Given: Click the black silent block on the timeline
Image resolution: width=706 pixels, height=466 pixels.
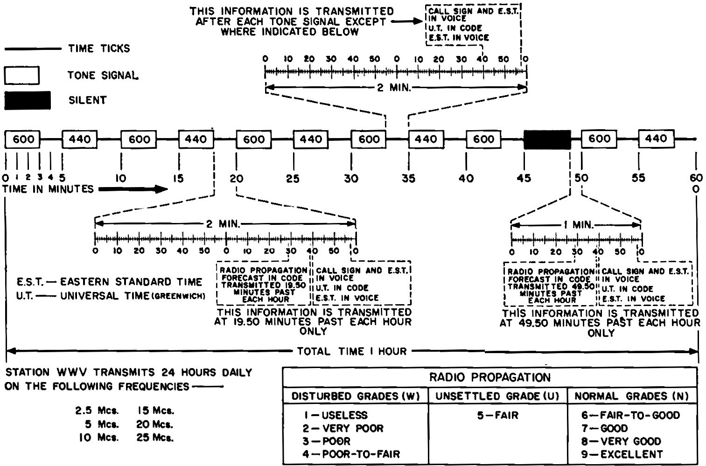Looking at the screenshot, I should (x=547, y=139).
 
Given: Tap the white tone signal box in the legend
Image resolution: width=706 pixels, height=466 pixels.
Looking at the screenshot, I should (x=22, y=75).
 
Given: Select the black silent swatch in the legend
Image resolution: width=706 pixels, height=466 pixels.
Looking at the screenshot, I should (x=28, y=100).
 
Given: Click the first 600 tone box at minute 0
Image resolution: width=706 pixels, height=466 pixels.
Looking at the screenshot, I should (x=23, y=139).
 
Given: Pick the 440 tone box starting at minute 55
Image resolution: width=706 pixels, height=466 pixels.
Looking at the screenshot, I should (x=656, y=139).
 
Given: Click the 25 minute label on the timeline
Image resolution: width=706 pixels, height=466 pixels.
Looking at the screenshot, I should (x=293, y=178).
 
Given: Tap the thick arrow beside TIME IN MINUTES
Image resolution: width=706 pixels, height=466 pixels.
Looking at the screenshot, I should (x=133, y=189).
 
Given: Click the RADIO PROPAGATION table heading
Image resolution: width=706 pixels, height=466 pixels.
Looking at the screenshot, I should (x=489, y=377).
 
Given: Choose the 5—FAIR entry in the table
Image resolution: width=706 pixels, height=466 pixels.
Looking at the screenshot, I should (x=497, y=415).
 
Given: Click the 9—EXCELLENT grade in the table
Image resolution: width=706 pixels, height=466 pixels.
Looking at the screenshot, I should (x=622, y=454).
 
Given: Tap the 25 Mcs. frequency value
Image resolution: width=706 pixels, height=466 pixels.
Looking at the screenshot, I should (x=155, y=438).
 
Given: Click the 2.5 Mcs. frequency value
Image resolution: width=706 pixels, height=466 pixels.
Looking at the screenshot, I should (x=97, y=411).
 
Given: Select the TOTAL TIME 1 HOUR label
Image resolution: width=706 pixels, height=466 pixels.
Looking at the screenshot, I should (x=351, y=351).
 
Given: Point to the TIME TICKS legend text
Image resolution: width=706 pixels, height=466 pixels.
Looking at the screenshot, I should (x=99, y=49).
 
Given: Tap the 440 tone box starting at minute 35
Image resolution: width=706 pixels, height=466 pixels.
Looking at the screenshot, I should (x=426, y=139).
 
